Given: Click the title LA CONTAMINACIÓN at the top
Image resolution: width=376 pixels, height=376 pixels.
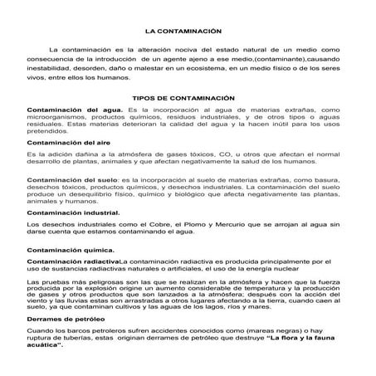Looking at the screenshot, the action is (x=184, y=31).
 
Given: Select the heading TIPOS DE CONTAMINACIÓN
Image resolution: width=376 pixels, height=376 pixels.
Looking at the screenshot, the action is (x=183, y=98).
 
